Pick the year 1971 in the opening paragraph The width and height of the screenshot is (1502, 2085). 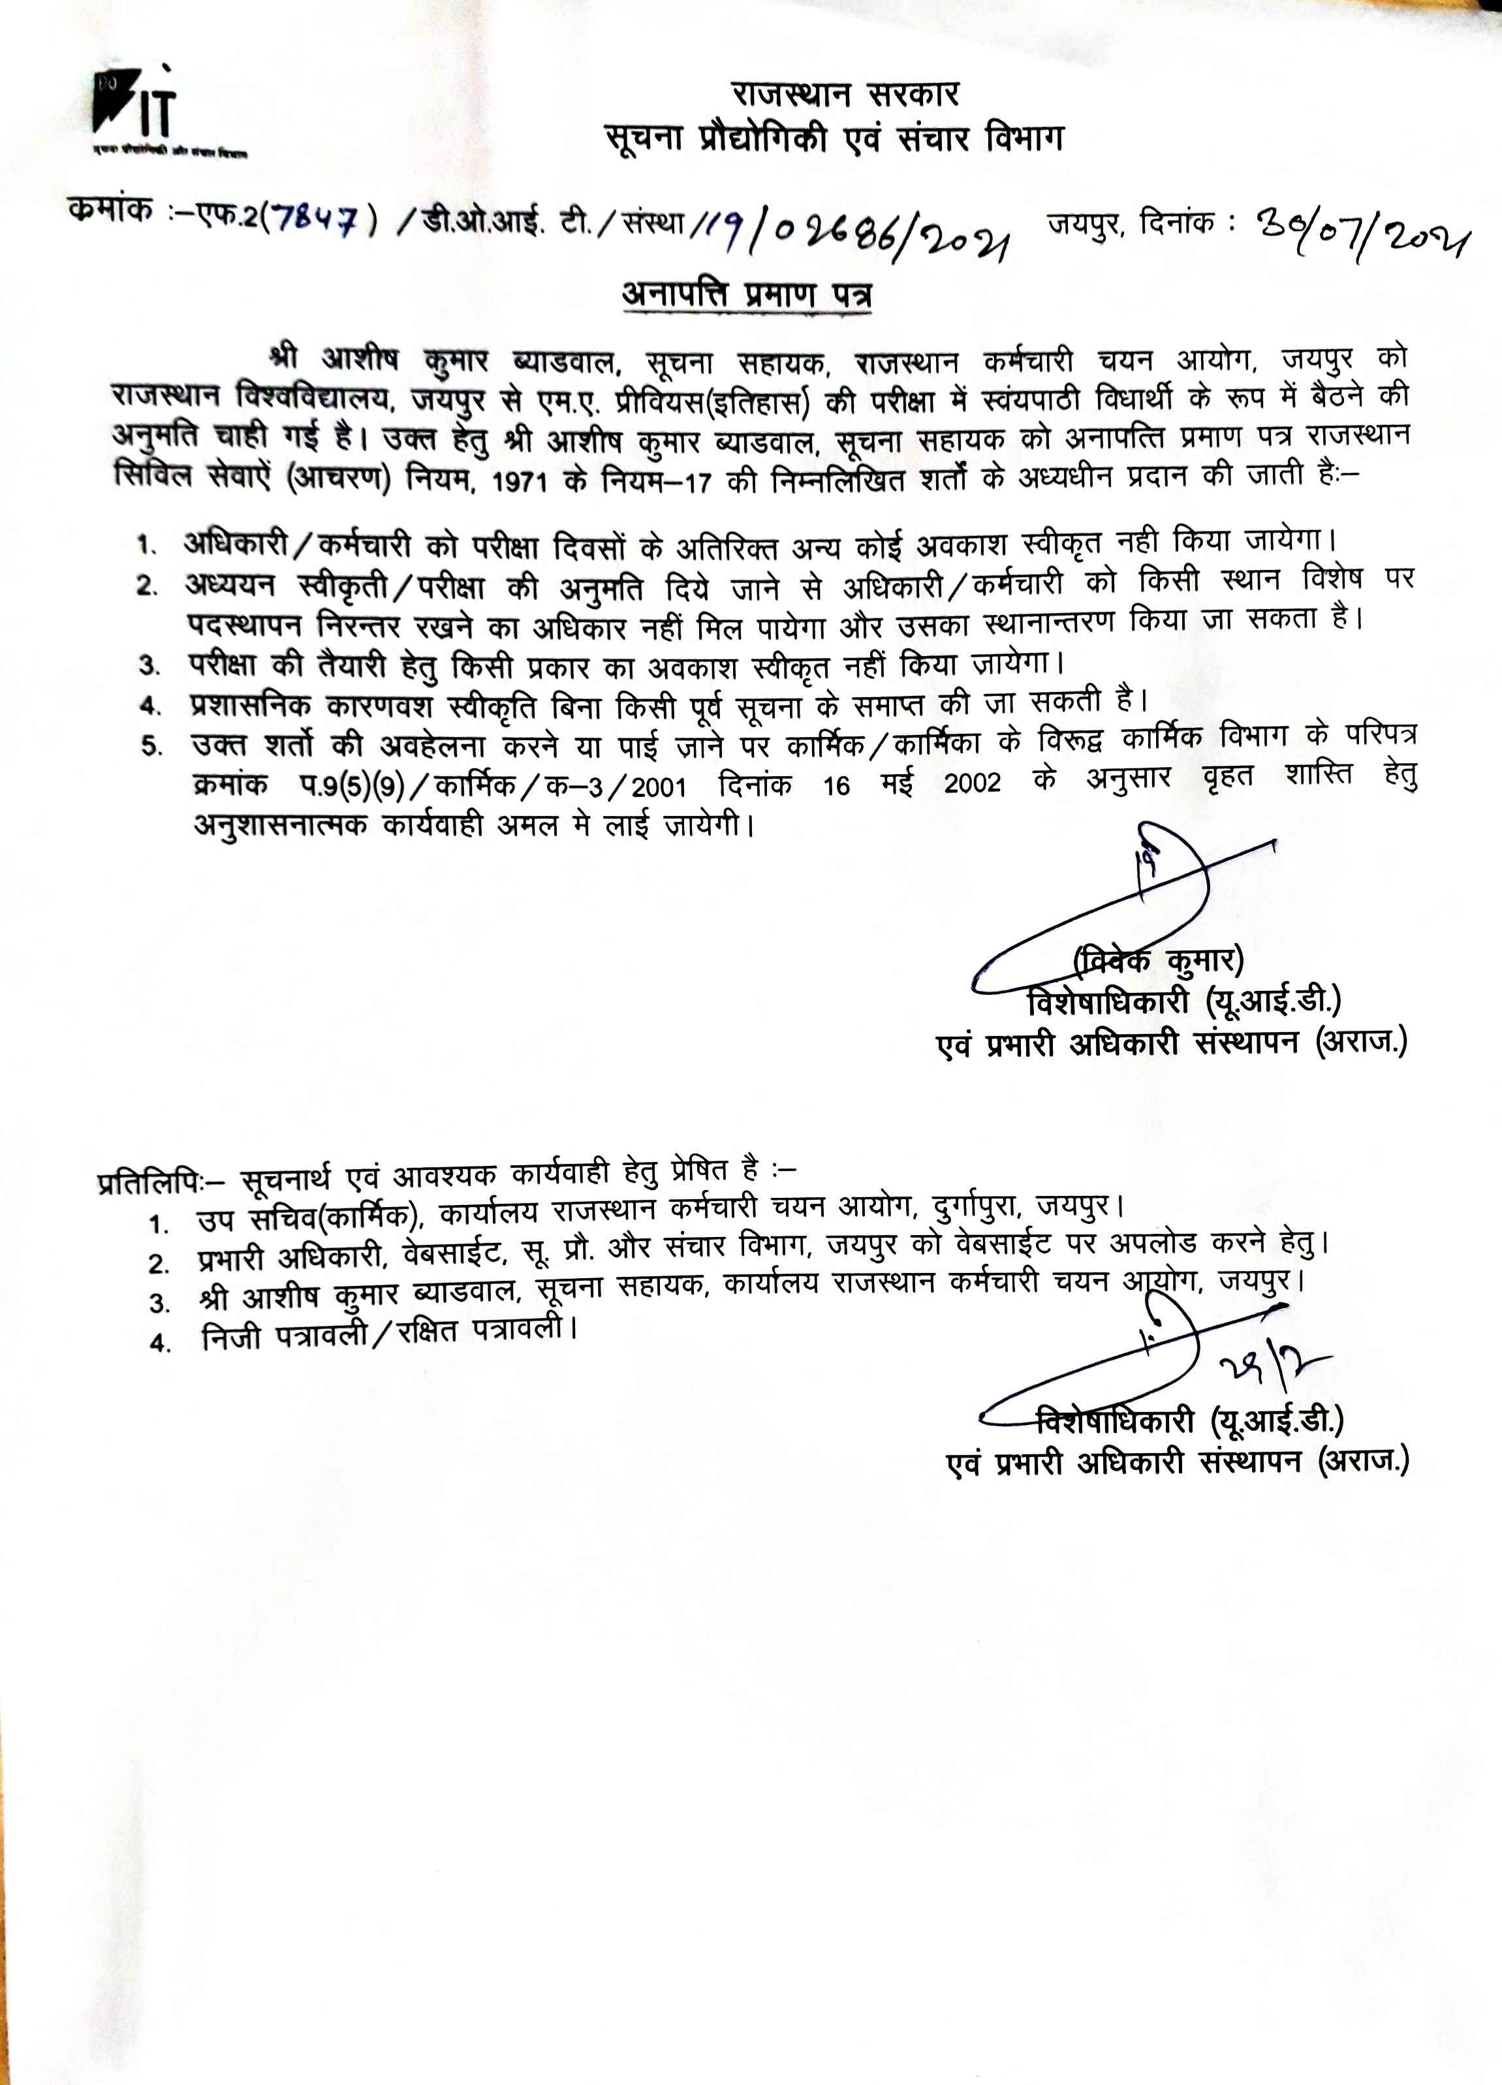pos(521,481)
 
